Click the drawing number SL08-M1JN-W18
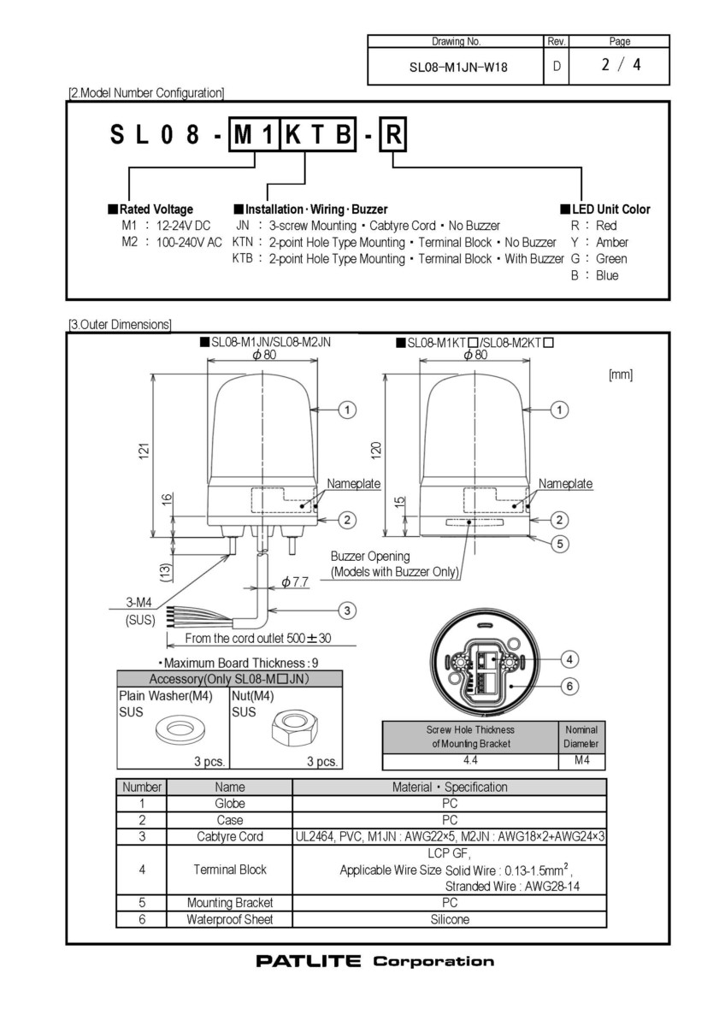pyautogui.click(x=458, y=68)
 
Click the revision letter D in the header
pyautogui.click(x=557, y=67)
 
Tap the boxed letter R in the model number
pyautogui.click(x=393, y=135)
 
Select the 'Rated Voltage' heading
pyautogui.click(x=150, y=209)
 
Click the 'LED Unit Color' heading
pyautogui.click(x=605, y=209)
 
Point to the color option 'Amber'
pyautogui.click(x=612, y=242)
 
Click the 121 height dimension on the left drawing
pyautogui.click(x=144, y=451)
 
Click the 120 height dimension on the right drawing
pyautogui.click(x=376, y=451)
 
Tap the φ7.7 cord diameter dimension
pyautogui.click(x=294, y=582)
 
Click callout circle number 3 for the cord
pyautogui.click(x=347, y=610)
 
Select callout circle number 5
pyautogui.click(x=560, y=544)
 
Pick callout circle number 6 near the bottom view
pyautogui.click(x=569, y=686)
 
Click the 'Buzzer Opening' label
pyautogui.click(x=370, y=556)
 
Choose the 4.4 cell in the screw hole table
pyautogui.click(x=470, y=760)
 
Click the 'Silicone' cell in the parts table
pyautogui.click(x=450, y=919)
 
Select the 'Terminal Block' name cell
pyautogui.click(x=230, y=870)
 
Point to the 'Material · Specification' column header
pyautogui.click(x=450, y=787)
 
